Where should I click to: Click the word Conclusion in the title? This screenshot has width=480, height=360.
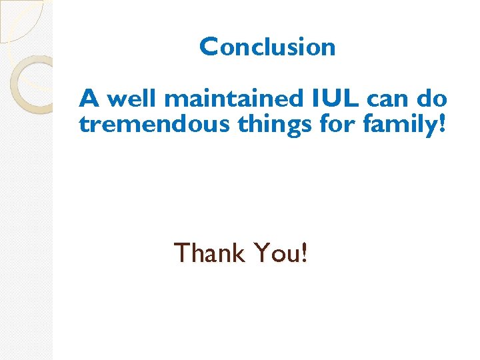click(267, 47)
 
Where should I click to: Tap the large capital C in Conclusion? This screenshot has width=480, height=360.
click(209, 47)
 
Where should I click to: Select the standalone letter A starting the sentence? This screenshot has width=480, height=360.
click(89, 99)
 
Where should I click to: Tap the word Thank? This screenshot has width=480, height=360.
click(209, 253)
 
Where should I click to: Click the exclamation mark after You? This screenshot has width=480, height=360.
click(304, 253)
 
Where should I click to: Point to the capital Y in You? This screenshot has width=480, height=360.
click(261, 253)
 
